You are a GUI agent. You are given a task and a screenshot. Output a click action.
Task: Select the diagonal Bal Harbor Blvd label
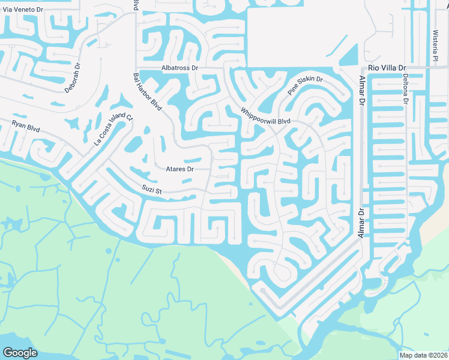point(147,91)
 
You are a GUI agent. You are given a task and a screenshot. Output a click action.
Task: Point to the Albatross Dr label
point(179,68)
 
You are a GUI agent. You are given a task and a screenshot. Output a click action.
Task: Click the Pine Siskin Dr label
point(305,86)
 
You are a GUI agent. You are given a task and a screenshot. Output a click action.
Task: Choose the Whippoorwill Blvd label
point(265,116)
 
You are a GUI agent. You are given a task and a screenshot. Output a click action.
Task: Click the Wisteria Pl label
point(435,45)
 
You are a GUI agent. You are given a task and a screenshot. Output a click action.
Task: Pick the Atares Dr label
point(179,169)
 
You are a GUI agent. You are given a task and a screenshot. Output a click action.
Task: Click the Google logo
point(20,353)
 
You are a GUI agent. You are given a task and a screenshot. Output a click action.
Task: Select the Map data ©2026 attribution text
point(424,355)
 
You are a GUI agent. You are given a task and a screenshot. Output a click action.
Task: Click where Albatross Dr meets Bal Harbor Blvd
point(136,68)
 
